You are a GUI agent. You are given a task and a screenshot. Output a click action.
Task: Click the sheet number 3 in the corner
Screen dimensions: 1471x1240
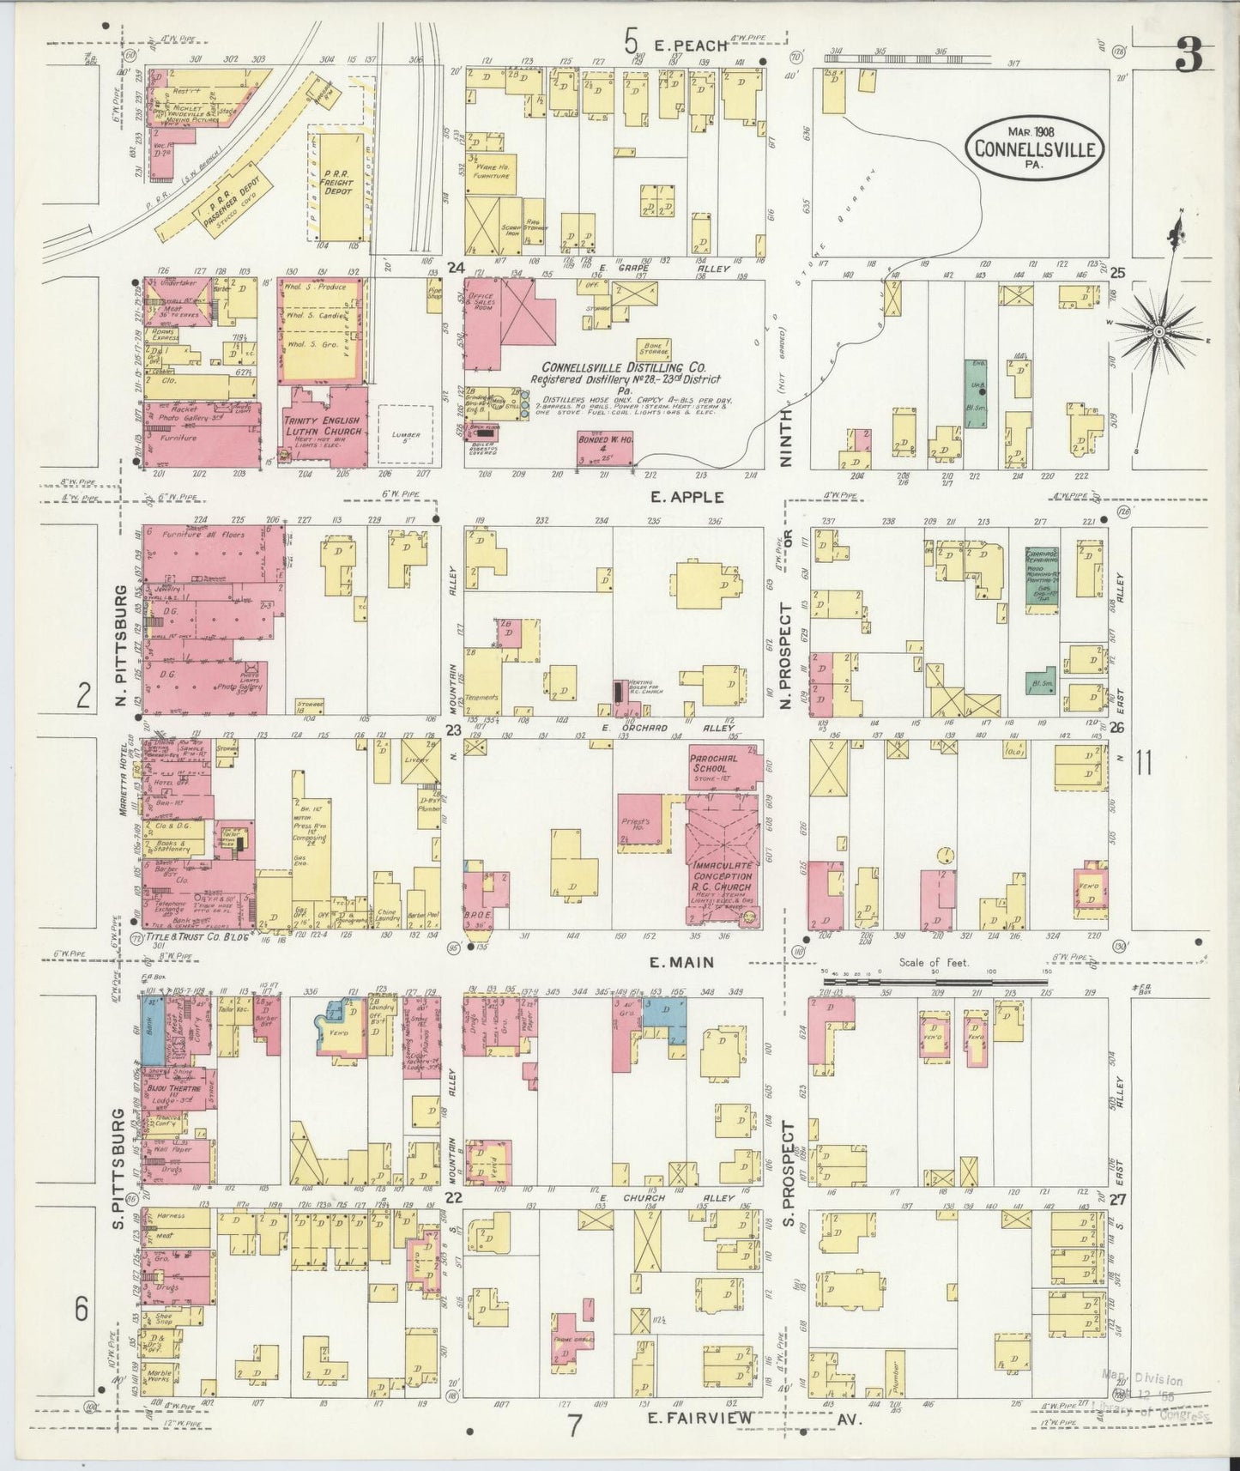[1189, 57]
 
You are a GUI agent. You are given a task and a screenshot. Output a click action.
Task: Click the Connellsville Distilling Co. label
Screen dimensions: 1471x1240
[625, 366]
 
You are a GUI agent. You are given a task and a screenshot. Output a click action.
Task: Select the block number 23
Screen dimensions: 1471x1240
[453, 729]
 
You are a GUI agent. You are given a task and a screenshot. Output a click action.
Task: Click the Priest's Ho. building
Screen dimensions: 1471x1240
[656, 824]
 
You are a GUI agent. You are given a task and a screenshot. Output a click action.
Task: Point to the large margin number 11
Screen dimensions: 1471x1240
[1142, 762]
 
